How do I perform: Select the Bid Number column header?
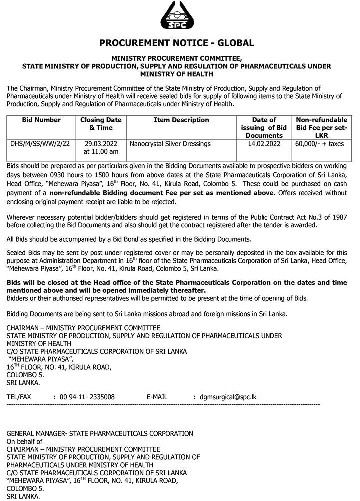[42, 120]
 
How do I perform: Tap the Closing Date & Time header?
[101, 124]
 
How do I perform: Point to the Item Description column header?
[181, 120]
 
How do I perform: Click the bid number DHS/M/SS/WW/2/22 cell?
[40, 144]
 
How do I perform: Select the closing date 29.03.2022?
[101, 144]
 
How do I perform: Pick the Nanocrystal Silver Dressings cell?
[170, 144]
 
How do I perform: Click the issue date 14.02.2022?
[264, 144]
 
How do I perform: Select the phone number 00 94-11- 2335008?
[87, 397]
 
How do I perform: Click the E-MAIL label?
[157, 397]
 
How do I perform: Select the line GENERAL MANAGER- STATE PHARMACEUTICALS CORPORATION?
[100, 433]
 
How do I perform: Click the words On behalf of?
[25, 441]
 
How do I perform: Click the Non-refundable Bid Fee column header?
[321, 127]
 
